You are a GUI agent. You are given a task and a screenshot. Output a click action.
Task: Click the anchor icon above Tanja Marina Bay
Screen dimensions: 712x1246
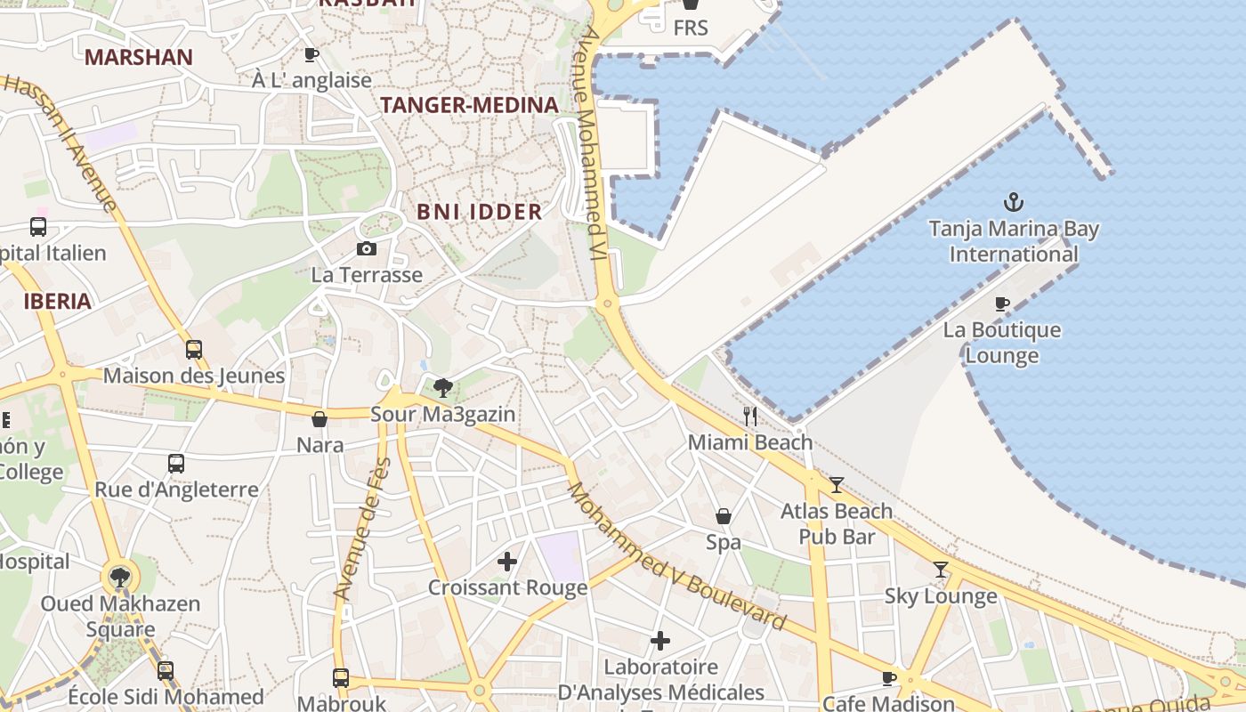[1014, 202]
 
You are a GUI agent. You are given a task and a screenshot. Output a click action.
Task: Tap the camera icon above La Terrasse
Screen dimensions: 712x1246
[366, 248]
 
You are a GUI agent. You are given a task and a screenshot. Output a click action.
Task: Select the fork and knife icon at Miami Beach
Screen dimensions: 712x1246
[750, 416]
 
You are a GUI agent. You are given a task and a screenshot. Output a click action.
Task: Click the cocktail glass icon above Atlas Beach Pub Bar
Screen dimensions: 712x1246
[837, 485]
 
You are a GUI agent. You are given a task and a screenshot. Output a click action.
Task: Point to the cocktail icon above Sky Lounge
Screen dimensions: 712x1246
[941, 570]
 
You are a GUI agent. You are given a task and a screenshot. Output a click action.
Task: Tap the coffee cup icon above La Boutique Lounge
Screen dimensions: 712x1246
[1002, 303]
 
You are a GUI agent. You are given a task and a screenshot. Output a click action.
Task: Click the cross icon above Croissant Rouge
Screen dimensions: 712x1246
[507, 562]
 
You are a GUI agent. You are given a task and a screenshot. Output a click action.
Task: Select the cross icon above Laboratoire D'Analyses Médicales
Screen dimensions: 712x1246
[660, 641]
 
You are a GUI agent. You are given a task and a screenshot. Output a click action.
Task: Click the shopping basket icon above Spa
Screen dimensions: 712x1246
[724, 516]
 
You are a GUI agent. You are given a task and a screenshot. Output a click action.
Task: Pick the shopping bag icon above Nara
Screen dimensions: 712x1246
[320, 419]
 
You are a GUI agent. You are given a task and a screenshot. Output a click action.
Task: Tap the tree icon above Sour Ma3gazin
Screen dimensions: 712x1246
[442, 388]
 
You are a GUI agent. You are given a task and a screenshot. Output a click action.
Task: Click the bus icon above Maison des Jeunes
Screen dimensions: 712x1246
[194, 350]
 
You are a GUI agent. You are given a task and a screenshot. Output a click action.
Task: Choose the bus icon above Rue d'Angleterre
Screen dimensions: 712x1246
[176, 464]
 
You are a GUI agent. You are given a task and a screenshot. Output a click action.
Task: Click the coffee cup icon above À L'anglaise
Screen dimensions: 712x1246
[311, 54]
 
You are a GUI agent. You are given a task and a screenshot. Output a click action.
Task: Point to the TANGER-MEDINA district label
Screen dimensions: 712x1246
[469, 105]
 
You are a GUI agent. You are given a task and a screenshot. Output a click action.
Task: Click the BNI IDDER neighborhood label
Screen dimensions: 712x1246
[479, 212]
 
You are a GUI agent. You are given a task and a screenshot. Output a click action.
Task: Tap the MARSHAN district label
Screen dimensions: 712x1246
[138, 58]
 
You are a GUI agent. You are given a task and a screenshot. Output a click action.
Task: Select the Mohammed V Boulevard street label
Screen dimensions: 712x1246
[676, 557]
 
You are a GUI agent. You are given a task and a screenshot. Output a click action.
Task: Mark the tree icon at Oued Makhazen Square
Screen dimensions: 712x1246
[119, 577]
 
